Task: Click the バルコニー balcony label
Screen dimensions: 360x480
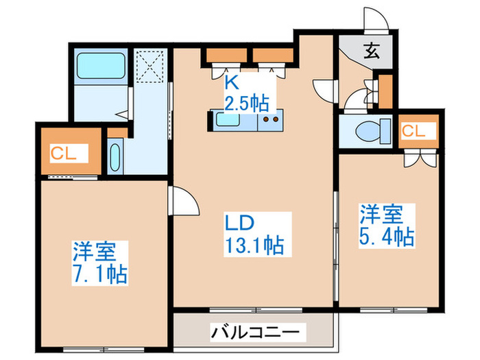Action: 254,333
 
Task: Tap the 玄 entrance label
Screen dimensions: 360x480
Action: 371,50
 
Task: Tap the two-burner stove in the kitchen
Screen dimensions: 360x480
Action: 268,121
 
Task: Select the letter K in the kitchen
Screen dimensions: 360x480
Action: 232,84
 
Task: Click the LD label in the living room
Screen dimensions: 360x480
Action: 241,223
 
